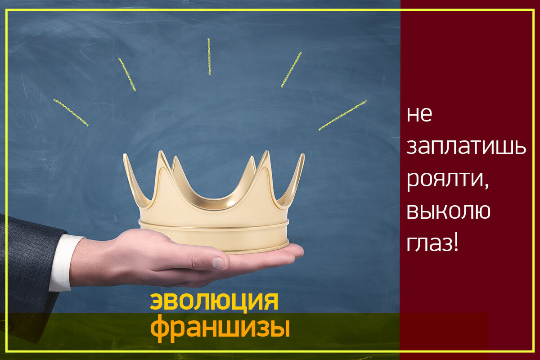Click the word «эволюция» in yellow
(x=214, y=302)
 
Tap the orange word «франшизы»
(x=220, y=328)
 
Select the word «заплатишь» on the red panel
(x=466, y=147)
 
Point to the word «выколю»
(x=448, y=211)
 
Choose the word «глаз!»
(x=432, y=244)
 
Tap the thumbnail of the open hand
(x=218, y=263)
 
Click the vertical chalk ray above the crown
(x=209, y=56)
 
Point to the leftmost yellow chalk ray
(x=71, y=112)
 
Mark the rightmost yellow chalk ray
(x=342, y=115)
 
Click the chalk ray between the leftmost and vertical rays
(x=127, y=74)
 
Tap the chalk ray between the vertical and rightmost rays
(x=292, y=69)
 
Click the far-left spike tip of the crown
(x=125, y=154)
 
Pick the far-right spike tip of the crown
(x=303, y=154)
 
